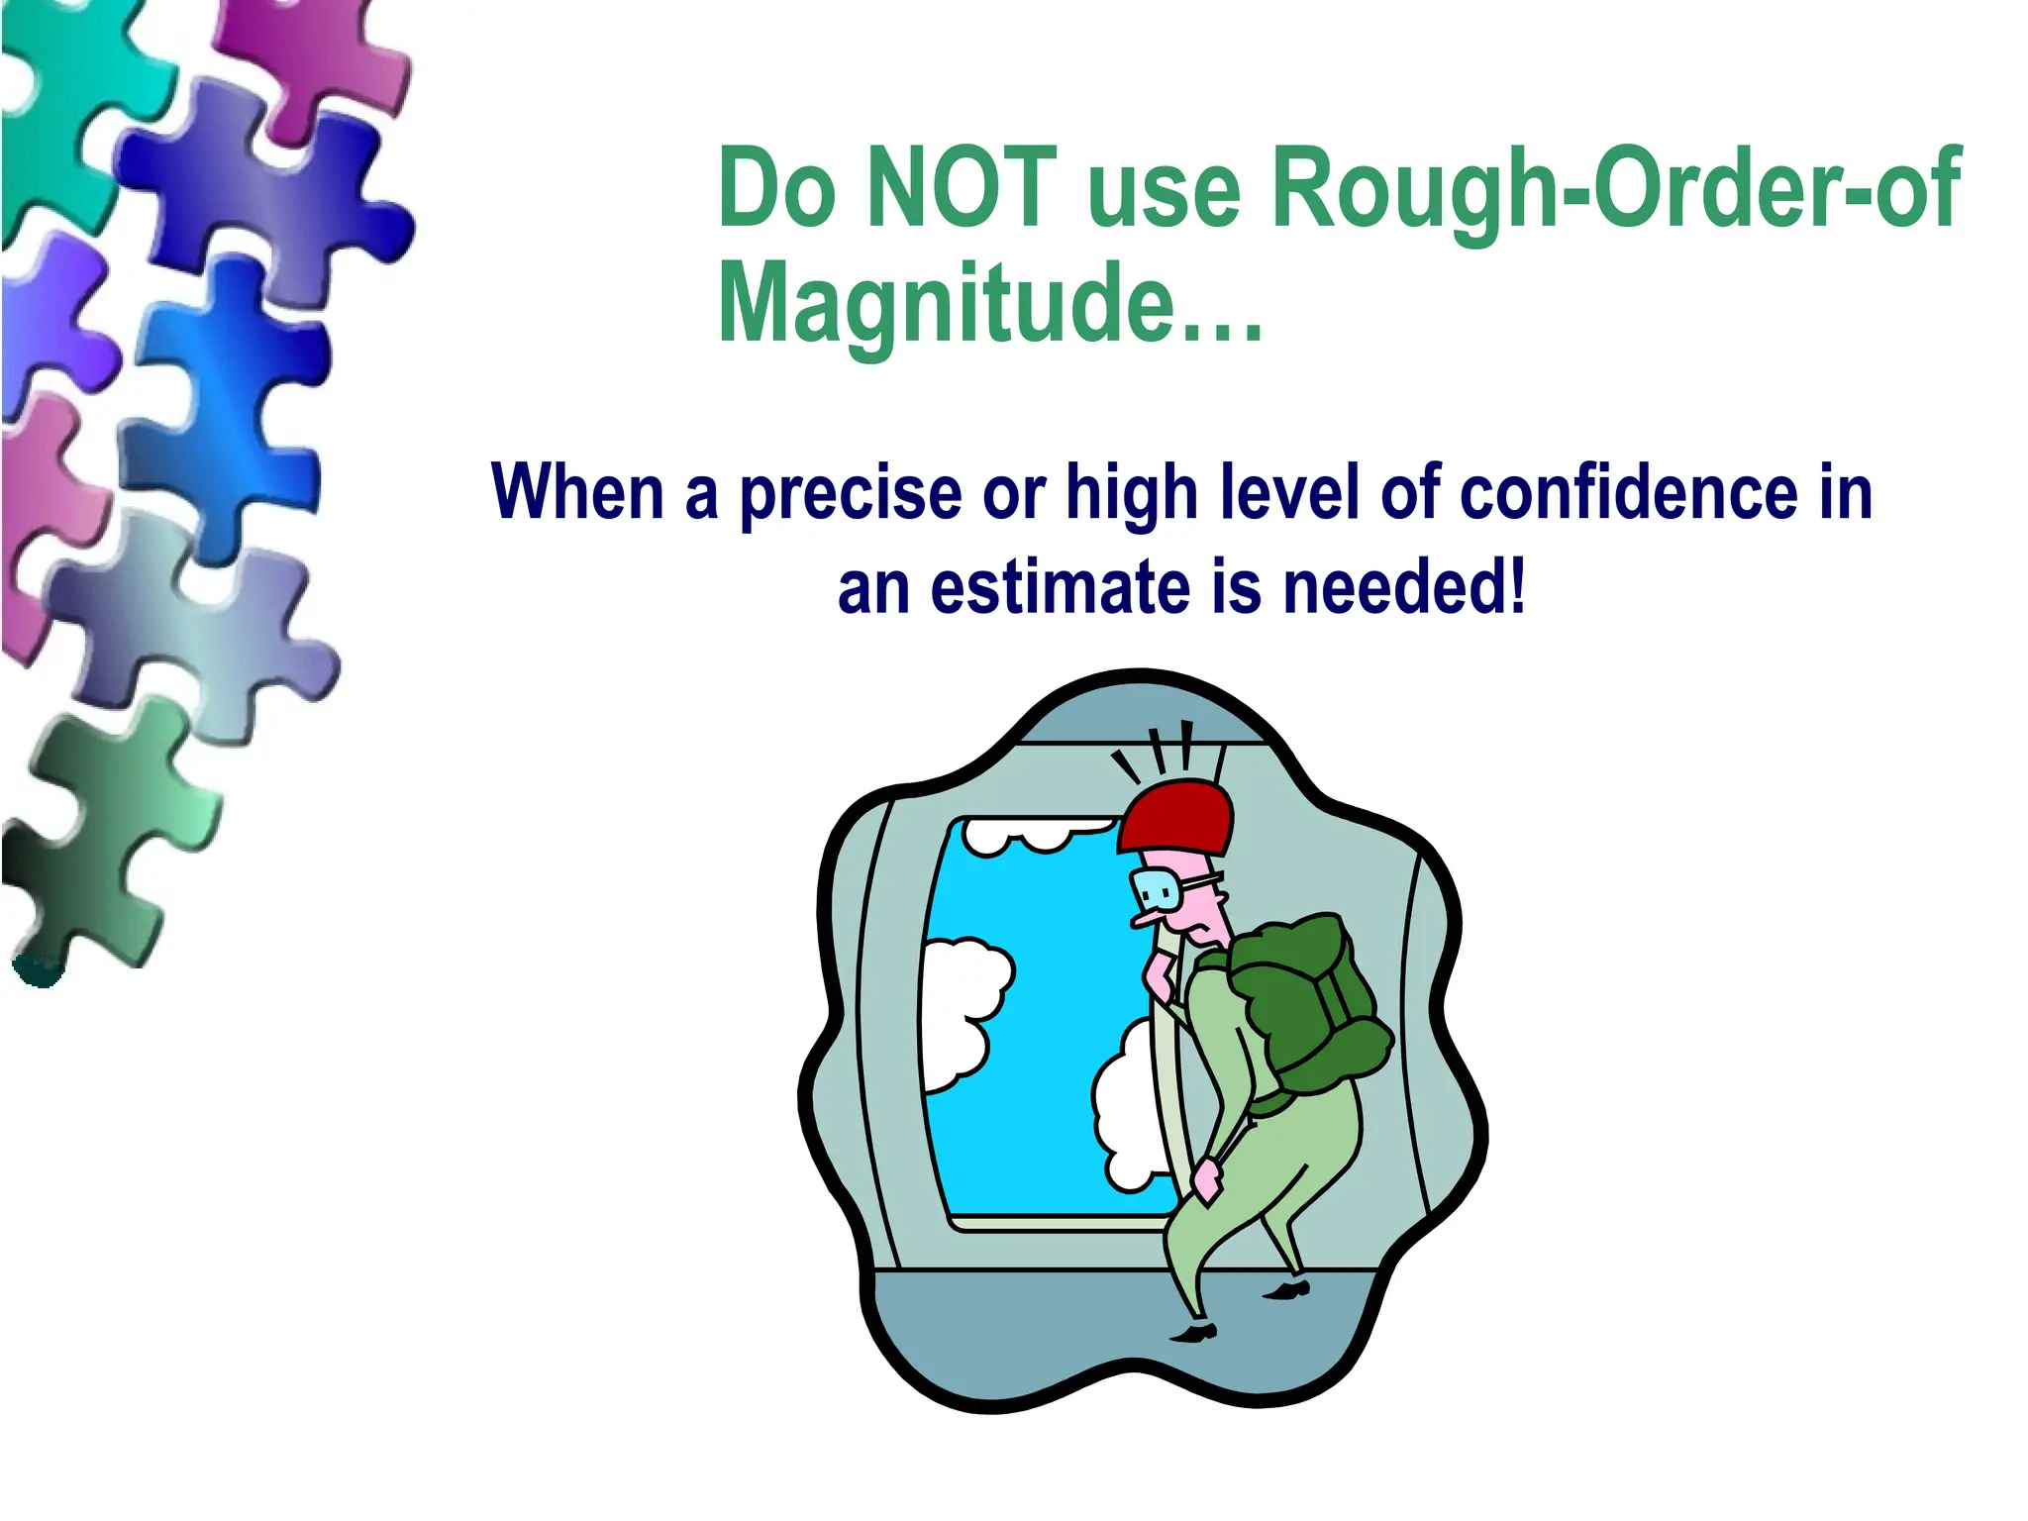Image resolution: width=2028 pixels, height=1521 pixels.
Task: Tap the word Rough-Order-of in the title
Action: point(1615,188)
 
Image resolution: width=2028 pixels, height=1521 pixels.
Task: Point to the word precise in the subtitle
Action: point(851,493)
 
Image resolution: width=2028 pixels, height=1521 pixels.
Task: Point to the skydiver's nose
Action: point(1147,919)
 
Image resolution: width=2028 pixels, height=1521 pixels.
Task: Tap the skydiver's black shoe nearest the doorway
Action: point(1194,1333)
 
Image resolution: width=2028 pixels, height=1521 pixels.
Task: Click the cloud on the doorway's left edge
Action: point(961,1010)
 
